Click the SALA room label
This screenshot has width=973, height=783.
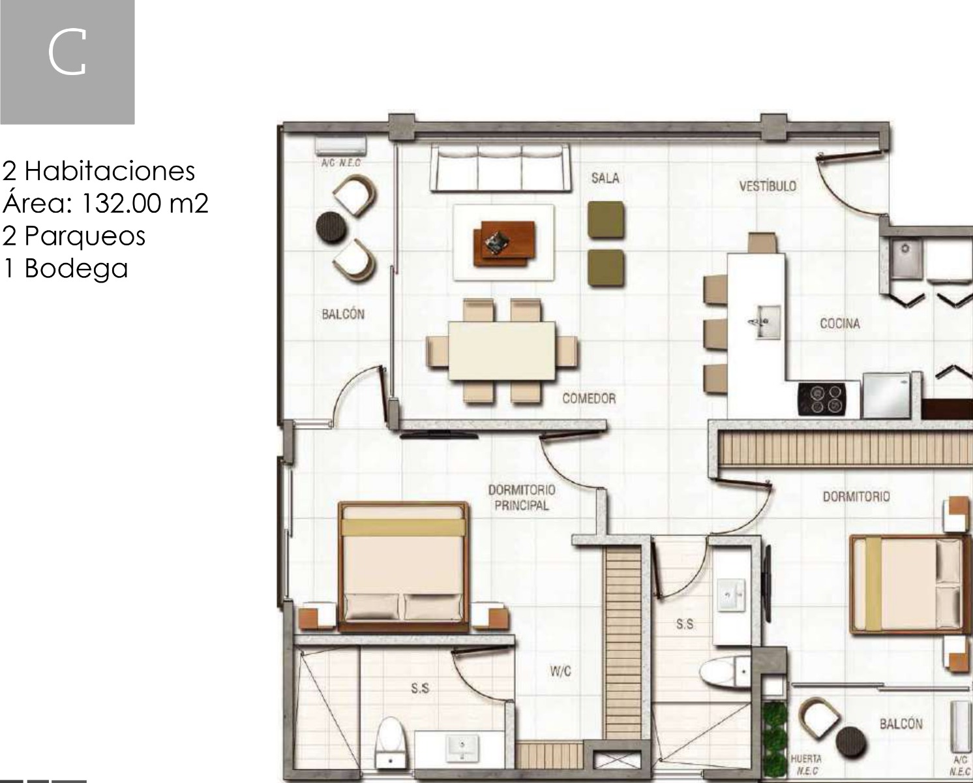coord(605,178)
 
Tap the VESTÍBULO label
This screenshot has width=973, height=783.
coord(768,186)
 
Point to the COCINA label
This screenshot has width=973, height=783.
coord(840,324)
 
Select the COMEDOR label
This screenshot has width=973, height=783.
coord(589,398)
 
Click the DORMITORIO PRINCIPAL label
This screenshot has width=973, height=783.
coord(522,498)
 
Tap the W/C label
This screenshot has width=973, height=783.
coord(561,671)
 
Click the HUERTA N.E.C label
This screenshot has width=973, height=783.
coord(806,765)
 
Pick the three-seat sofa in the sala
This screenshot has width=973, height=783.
coord(500,168)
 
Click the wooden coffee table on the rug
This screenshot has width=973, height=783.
coord(503,243)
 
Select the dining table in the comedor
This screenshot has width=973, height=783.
coord(502,351)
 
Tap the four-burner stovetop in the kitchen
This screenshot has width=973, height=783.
coord(822,399)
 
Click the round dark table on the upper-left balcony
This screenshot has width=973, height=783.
coord(331,228)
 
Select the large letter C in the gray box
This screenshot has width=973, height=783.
coord(67,52)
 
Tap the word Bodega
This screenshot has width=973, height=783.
coord(76,268)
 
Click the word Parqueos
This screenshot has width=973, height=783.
coord(85,236)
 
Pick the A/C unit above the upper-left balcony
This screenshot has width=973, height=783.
coord(340,146)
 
